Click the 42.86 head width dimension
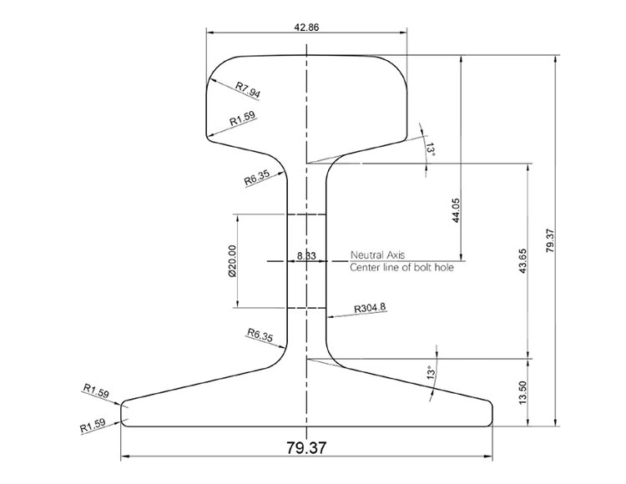click(x=306, y=27)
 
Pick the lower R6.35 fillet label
click(x=260, y=335)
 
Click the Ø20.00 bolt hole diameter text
click(x=231, y=261)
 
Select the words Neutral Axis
click(x=377, y=255)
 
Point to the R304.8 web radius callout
click(x=370, y=308)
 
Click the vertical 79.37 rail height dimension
click(x=548, y=240)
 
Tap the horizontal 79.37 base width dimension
click(x=306, y=448)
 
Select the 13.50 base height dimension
click(x=523, y=392)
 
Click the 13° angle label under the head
click(x=431, y=149)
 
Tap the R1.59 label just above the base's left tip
click(x=96, y=390)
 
